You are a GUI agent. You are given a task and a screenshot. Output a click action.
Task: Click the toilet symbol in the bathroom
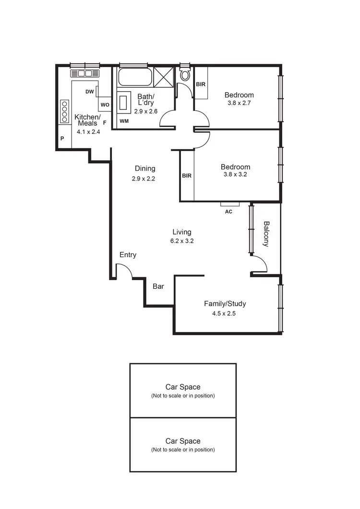(185, 75)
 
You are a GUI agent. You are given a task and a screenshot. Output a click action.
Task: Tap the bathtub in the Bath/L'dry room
(135, 77)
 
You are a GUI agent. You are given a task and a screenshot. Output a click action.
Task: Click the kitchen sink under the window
(85, 73)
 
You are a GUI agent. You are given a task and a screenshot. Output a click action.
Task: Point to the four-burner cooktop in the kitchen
(64, 112)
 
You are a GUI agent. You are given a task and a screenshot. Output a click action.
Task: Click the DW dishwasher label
(89, 92)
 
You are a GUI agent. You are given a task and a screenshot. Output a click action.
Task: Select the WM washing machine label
(124, 121)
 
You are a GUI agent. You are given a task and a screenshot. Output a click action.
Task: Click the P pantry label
(62, 138)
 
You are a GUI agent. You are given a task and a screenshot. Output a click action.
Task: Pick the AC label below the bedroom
(229, 211)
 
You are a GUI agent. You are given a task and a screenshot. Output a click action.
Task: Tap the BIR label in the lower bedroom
(187, 176)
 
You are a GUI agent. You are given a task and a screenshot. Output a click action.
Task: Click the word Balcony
(266, 234)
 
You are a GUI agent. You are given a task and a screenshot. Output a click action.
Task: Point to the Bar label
(158, 286)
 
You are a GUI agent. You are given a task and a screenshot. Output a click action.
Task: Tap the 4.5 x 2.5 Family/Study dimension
(225, 313)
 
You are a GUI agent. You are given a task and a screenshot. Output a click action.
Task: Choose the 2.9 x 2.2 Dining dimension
(144, 178)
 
